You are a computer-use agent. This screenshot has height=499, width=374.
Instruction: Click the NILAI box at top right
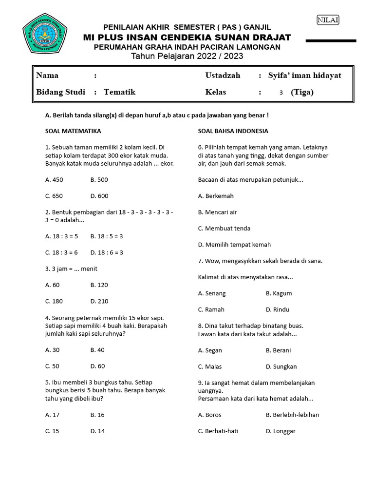[328, 20]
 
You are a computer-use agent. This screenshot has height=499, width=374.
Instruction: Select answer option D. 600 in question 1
[99, 196]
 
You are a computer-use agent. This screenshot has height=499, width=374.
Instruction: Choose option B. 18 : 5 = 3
[107, 236]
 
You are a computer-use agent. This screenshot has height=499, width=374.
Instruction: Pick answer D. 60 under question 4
[97, 366]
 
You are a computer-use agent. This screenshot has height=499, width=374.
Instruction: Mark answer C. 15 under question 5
[52, 431]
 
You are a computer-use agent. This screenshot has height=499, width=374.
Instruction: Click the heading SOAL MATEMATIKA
[73, 131]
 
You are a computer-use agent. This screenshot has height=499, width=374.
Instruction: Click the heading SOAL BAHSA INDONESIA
[233, 131]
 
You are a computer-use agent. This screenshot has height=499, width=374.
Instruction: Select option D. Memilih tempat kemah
[234, 245]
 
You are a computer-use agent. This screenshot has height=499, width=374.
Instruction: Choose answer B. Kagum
[279, 293]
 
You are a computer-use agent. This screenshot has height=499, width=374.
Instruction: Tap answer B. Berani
[278, 350]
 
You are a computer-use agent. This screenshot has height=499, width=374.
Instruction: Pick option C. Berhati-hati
[218, 431]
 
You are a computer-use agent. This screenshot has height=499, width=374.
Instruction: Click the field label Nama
[47, 76]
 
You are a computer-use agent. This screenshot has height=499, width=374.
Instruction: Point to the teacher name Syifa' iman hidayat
[304, 76]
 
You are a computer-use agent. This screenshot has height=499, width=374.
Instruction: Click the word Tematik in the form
[119, 92]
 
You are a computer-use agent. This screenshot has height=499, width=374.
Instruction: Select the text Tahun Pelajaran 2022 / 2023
[187, 57]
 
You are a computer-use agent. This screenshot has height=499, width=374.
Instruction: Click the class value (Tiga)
[302, 92]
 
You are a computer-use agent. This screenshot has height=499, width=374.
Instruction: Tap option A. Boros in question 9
[209, 415]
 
